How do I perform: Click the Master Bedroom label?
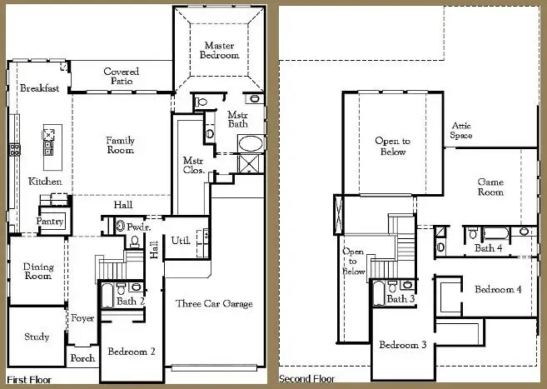point(219,49)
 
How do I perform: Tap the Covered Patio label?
point(121,77)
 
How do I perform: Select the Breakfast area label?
point(39,88)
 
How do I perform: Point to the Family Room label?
point(120,146)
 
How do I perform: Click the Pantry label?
point(50,222)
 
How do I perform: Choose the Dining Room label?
point(38,272)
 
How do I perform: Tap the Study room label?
point(36,337)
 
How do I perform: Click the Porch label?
point(82,358)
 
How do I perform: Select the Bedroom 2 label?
point(132,352)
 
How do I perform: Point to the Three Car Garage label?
point(214,304)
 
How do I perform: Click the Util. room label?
point(180,241)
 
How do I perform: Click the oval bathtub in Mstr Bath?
point(248,142)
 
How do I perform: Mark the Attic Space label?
point(462,130)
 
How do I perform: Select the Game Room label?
point(490,187)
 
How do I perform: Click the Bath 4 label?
point(488,247)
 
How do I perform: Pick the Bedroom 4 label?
point(498,289)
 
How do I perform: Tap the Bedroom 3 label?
point(403,345)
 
